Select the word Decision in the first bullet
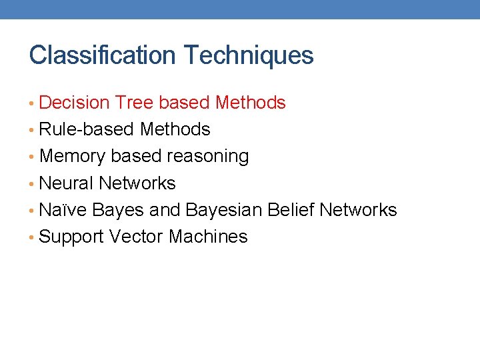point(74,103)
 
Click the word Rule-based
point(87,129)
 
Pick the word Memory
point(73,157)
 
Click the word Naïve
point(63,210)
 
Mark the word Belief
point(291,210)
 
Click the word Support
point(71,237)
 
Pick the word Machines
point(208,237)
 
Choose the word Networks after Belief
point(358,210)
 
